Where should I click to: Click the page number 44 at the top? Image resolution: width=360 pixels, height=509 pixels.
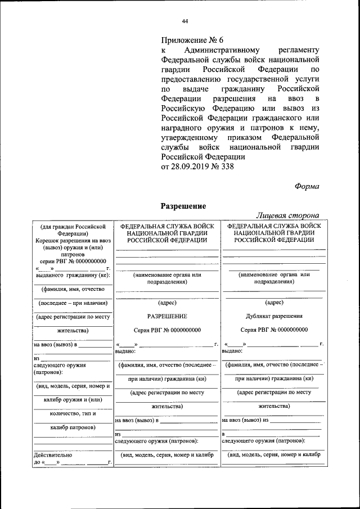coord(184,21)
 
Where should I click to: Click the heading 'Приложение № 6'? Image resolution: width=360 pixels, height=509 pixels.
coord(192,40)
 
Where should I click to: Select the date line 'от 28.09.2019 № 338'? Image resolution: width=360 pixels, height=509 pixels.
coord(197,166)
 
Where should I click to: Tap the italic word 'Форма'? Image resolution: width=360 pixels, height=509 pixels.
coord(307,187)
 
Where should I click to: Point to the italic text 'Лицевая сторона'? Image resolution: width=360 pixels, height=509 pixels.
coord(288,215)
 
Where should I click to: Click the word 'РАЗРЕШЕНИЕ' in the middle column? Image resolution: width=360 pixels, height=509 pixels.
coord(167,316)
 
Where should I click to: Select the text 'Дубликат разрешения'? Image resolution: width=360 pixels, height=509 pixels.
coord(274,316)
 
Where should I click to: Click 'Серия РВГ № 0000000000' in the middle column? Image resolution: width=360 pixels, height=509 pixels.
coord(167,330)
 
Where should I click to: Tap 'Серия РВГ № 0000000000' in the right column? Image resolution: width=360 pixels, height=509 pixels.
coord(274,330)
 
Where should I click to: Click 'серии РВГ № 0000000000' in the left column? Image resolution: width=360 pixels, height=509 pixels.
coord(73,261)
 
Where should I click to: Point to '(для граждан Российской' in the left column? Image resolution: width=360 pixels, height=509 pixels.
coord(73,226)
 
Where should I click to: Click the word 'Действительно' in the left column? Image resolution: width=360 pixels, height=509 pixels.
coord(53,454)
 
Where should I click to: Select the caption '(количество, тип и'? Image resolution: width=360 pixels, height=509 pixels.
coord(73,413)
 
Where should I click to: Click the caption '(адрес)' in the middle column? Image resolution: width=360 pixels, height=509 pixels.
coord(167,303)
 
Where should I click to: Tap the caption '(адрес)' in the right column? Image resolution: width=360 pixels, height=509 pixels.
coord(274,303)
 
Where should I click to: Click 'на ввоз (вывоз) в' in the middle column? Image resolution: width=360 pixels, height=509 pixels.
coord(137,420)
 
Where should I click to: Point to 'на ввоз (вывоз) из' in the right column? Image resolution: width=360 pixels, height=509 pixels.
coord(246,420)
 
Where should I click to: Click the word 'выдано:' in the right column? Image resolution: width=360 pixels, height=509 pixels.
coord(232,350)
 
